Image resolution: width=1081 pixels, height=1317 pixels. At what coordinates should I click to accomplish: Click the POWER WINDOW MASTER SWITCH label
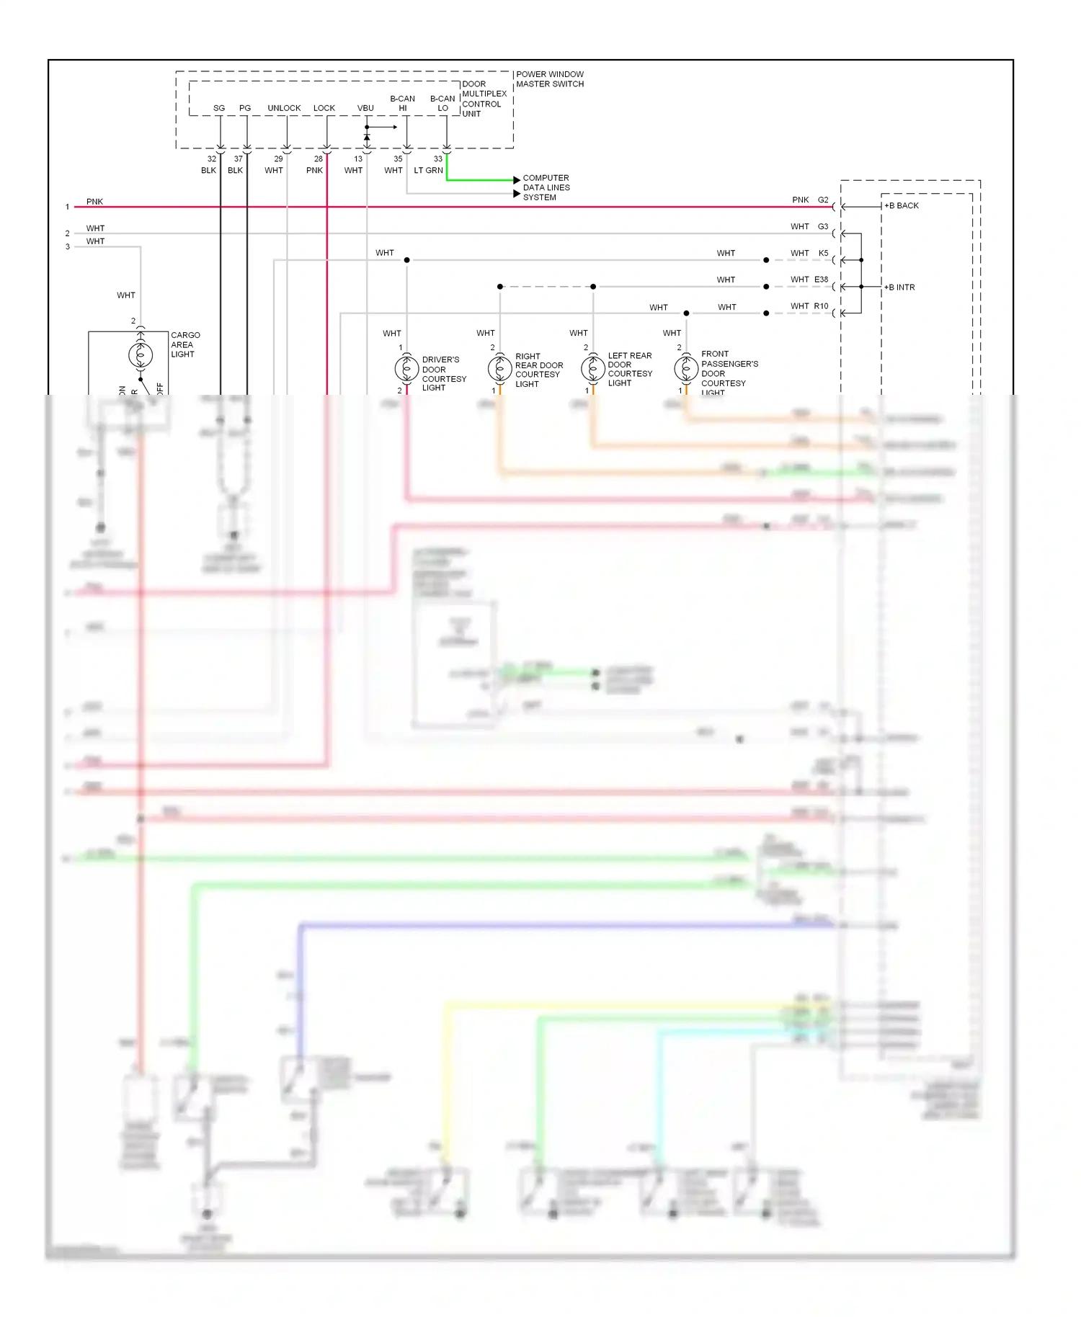(549, 79)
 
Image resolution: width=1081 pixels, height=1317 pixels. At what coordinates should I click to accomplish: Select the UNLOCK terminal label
(284, 108)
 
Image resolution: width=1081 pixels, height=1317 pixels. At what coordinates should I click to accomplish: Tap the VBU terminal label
(365, 108)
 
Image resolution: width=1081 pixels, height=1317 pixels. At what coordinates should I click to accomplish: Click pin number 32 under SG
(212, 159)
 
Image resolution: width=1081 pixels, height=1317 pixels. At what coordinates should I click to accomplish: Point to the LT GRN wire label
(428, 171)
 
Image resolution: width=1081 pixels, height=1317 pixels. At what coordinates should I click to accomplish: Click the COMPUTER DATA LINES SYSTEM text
(546, 187)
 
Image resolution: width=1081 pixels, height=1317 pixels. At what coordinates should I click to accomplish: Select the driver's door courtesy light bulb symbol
(406, 369)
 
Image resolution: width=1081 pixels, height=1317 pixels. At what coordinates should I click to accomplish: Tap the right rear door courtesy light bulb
(499, 369)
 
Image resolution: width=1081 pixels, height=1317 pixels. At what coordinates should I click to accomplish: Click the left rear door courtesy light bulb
(593, 369)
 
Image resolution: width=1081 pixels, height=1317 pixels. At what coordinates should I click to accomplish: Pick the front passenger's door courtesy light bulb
(686, 369)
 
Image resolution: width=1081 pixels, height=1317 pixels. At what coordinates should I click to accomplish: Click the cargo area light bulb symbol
(141, 354)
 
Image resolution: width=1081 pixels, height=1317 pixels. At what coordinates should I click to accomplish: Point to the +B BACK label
(902, 206)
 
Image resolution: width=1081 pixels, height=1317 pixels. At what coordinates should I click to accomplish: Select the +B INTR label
(899, 287)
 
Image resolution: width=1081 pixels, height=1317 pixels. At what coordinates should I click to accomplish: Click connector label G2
(823, 200)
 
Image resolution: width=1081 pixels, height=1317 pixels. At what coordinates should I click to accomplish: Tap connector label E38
(821, 280)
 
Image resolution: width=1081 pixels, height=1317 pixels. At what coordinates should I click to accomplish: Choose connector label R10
(821, 306)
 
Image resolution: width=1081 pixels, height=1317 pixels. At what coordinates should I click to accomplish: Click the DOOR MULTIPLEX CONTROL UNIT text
(484, 99)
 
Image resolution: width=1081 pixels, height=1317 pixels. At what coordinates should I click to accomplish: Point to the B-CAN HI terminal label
(402, 103)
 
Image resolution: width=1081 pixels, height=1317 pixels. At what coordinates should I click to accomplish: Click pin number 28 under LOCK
(319, 159)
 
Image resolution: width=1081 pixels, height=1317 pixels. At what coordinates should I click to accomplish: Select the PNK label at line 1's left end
(94, 202)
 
